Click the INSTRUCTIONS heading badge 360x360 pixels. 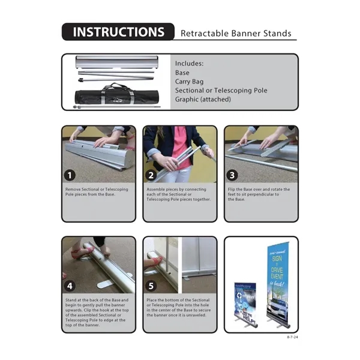coord(118,32)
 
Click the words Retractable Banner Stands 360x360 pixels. coord(236,34)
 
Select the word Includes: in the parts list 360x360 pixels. coord(189,63)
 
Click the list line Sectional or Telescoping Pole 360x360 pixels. coord(221,90)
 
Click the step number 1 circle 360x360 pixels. coord(71,175)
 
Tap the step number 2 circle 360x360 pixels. coord(152,175)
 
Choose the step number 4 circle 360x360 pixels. coord(71,286)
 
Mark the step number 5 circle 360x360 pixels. coord(152,286)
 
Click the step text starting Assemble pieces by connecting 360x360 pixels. coord(179,194)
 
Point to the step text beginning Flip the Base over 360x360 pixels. coord(259,194)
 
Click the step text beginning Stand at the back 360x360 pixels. coord(97,308)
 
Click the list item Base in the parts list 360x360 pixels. coord(182,72)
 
